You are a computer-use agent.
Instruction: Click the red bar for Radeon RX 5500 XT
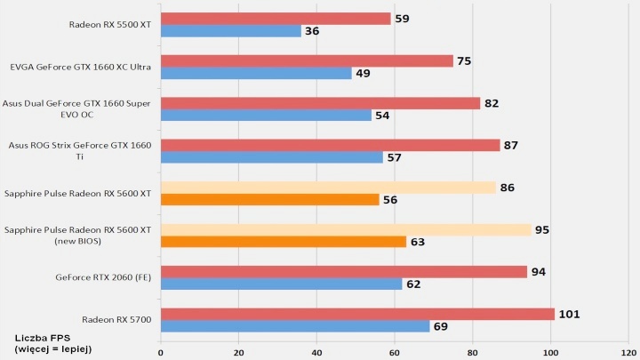point(276,19)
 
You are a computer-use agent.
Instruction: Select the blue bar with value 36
point(231,31)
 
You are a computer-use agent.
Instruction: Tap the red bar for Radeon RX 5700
point(357,314)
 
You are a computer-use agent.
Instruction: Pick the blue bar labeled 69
point(295,326)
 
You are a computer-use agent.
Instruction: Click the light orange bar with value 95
point(346,229)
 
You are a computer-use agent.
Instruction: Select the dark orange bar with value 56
point(269,199)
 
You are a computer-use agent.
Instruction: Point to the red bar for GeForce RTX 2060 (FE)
point(344,271)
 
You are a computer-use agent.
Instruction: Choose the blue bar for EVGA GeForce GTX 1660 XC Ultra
point(256,73)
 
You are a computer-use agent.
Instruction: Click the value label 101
point(571,314)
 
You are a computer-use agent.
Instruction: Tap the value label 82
point(492,103)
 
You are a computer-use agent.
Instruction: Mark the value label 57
point(394,157)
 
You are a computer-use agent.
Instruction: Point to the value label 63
point(418,241)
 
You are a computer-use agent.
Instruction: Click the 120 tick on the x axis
point(628,351)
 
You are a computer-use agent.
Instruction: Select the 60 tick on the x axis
point(395,351)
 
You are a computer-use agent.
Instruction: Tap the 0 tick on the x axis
point(161,351)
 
